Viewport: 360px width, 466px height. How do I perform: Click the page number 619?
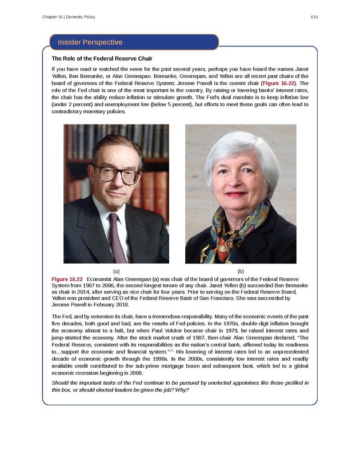coord(314,17)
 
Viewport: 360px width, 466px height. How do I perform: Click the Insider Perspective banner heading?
coord(90,42)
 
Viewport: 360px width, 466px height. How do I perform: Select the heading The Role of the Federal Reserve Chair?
coord(102,58)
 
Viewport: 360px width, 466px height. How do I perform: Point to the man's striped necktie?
coord(117,234)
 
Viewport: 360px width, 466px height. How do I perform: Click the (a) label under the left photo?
coord(116,270)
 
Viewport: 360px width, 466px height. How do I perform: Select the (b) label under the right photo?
coord(241,270)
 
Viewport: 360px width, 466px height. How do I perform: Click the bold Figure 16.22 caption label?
coord(67,278)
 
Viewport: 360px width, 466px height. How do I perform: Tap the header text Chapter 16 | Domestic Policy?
coord(69,17)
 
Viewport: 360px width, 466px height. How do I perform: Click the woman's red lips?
coord(237,194)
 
